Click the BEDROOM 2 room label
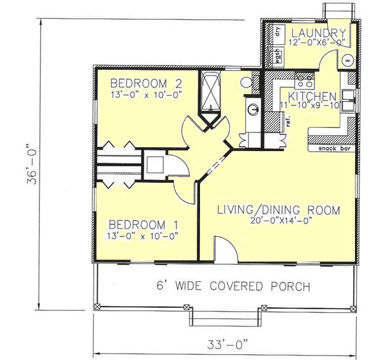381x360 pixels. coord(138,83)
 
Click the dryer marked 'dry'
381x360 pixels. coord(277,32)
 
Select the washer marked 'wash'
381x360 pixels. coord(277,55)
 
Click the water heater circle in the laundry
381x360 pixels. coord(348,61)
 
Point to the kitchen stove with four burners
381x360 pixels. coord(303,81)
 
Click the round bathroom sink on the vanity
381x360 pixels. coord(253,109)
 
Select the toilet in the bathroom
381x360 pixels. coord(247,81)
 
